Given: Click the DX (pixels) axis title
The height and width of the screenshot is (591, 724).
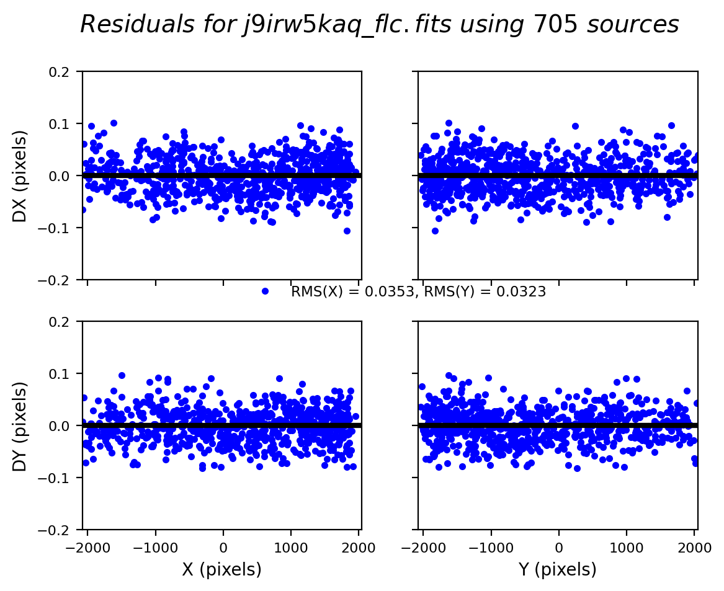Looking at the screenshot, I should pos(20,176).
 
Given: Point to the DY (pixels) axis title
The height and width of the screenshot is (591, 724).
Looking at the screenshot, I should pos(20,426).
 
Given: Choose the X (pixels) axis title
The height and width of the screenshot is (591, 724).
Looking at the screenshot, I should pos(221,569).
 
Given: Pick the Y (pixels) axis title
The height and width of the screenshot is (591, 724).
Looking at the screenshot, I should pos(558,569).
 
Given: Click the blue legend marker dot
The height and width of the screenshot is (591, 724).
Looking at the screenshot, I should pos(265,291).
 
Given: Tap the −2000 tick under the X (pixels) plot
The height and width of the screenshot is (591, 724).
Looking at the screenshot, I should pos(87,548).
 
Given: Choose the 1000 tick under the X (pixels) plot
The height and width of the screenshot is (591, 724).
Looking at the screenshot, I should pos(291,548).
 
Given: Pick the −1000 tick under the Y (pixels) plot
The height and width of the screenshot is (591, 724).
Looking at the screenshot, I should pos(490,548).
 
